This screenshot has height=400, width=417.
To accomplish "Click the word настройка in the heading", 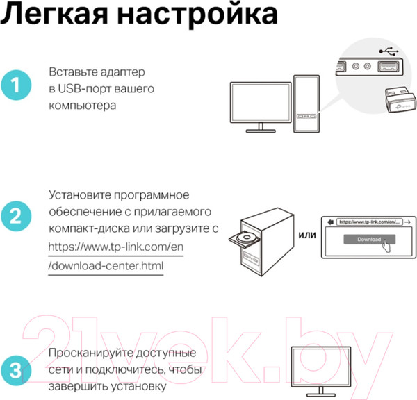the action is (197, 15).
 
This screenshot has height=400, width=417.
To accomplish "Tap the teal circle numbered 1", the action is (16, 85).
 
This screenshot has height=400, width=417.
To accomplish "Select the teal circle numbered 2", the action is (16, 216).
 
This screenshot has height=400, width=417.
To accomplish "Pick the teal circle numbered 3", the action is (16, 371).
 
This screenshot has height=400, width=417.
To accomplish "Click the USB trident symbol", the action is (389, 51).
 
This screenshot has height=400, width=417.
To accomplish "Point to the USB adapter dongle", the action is (400, 99).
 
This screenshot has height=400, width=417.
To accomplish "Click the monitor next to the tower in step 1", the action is (261, 107).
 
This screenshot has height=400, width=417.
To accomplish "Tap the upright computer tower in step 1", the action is (306, 103).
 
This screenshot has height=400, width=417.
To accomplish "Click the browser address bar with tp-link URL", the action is (370, 222).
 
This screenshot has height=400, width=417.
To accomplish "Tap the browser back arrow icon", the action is (330, 222).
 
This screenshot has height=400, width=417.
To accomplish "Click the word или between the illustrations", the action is (307, 235).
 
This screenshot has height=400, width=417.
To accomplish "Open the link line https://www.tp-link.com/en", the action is (115, 247).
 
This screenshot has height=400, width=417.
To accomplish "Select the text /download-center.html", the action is (106, 266).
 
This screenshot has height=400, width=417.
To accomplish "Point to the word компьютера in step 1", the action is (83, 106).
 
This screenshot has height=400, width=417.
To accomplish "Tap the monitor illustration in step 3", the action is (321, 371).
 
